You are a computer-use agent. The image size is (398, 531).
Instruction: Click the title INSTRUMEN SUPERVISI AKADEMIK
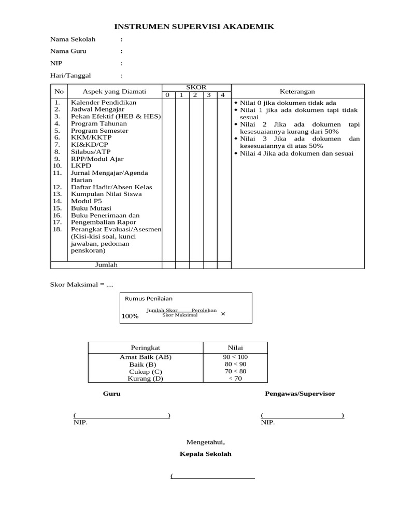click(194, 26)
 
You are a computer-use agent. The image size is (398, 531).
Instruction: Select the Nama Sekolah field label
click(73, 39)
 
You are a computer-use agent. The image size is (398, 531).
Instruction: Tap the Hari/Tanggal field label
click(70, 75)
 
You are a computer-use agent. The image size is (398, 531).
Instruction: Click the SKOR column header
click(196, 87)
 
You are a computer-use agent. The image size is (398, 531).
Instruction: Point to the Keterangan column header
click(297, 91)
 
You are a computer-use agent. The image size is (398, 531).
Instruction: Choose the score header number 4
click(222, 95)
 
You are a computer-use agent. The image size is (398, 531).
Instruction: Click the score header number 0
click(167, 95)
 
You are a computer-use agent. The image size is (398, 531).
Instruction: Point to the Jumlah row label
click(106, 265)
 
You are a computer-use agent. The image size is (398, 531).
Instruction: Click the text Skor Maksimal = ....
click(77, 285)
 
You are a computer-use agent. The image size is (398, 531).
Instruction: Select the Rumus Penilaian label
click(149, 298)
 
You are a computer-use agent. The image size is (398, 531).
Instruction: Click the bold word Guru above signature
click(111, 394)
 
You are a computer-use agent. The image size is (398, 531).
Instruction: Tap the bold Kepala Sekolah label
click(205, 454)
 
